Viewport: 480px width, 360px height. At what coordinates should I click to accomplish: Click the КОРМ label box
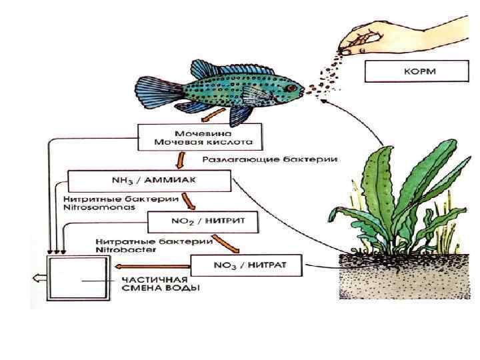404,71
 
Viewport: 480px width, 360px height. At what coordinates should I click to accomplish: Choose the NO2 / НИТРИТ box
201,222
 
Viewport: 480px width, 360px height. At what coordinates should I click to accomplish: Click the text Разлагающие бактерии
269,160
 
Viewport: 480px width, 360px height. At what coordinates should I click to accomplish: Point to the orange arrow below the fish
214,115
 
